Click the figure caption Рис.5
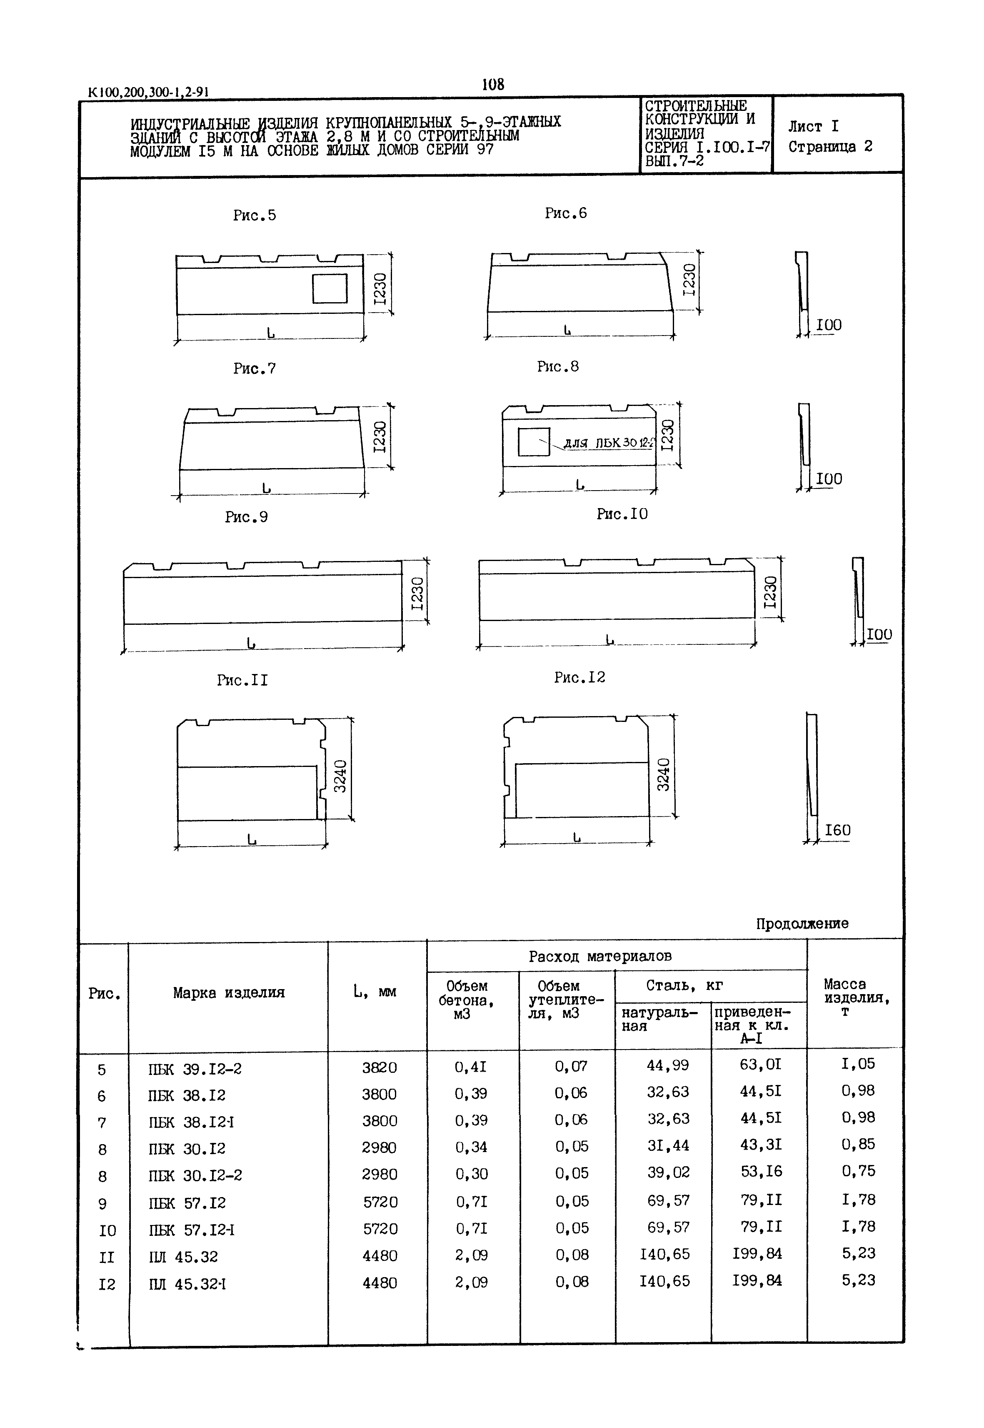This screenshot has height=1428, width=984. tap(254, 215)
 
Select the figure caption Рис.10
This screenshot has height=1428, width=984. tap(622, 514)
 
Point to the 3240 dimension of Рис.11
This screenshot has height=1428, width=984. tap(340, 776)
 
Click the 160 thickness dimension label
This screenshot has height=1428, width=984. tap(837, 830)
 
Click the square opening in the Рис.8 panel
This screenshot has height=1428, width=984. tap(533, 442)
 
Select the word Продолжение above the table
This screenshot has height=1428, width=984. tap(802, 923)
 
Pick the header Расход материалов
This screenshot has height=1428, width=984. tap(600, 957)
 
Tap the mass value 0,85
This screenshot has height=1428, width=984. tap(858, 1144)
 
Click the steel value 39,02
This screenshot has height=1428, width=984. tap(668, 1172)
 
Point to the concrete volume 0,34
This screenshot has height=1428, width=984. tap(471, 1147)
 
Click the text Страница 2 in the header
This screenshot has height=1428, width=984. tap(830, 147)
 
